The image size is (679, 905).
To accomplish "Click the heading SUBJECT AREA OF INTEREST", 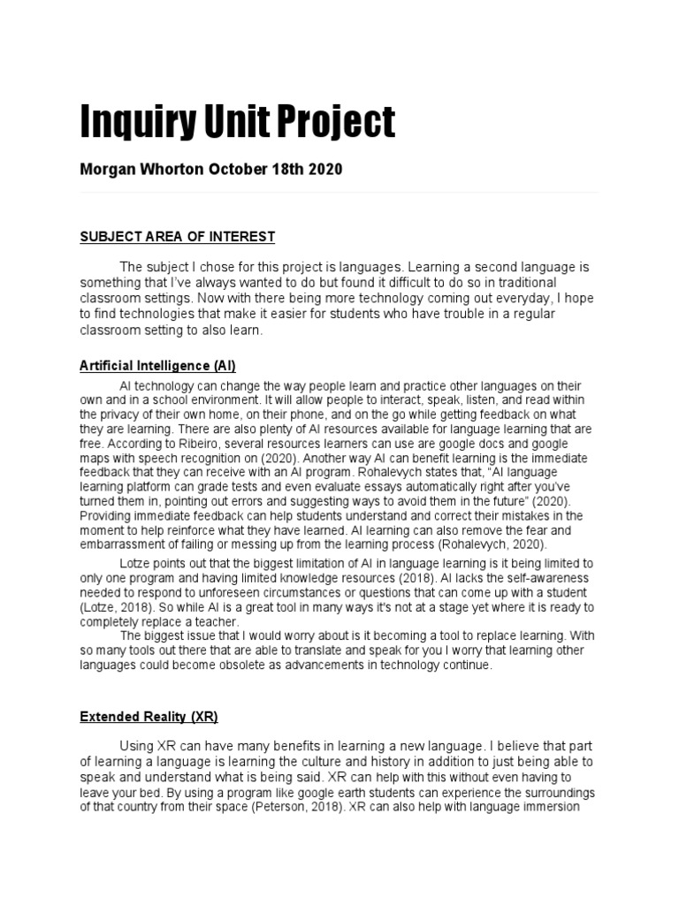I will click(x=178, y=237).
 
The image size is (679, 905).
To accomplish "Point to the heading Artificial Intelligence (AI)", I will click(x=157, y=365).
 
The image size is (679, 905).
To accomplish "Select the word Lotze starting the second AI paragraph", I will click(x=134, y=564).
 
